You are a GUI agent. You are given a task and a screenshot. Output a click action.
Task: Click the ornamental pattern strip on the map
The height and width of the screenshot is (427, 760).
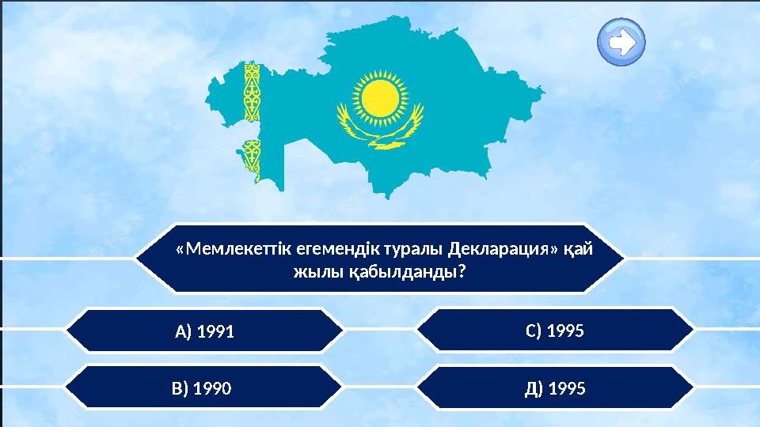(253, 119)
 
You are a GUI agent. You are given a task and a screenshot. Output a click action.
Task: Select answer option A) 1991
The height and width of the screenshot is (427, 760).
(204, 331)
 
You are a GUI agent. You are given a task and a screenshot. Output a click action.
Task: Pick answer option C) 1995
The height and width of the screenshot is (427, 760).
(554, 331)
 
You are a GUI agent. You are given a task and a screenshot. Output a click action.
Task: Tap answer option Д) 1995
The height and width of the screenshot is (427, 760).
(554, 388)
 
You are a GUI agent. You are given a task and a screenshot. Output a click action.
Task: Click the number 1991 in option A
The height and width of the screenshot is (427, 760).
(216, 331)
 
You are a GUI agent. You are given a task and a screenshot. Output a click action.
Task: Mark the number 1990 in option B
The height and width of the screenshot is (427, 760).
(213, 388)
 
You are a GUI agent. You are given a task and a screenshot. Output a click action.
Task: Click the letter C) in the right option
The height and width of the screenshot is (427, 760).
(534, 331)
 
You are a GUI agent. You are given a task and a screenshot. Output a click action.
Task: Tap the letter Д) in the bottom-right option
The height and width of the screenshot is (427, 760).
(533, 388)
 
